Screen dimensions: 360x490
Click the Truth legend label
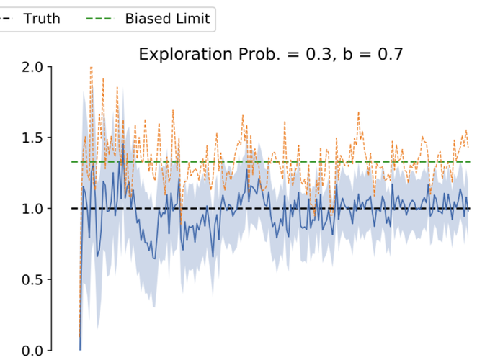point(42,19)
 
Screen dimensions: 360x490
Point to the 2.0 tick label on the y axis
point(30,67)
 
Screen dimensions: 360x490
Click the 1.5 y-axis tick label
point(30,138)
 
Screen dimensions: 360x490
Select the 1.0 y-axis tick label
point(30,209)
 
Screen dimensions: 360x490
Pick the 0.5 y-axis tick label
point(30,279)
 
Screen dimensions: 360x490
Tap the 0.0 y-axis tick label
point(30,351)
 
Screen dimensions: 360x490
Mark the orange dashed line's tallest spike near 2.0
point(91,68)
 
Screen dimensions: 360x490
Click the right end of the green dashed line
point(470,161)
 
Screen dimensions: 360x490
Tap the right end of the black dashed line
point(470,209)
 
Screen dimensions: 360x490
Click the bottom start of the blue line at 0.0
point(80,349)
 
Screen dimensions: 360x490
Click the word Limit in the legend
point(192,19)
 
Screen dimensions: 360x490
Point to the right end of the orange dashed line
point(468,146)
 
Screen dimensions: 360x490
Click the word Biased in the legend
point(148,19)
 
